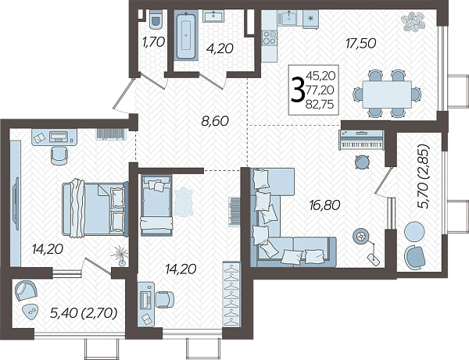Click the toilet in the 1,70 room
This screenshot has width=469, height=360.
156,19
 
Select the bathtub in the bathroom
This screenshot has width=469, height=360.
186,35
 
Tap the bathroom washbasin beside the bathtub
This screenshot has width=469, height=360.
213,16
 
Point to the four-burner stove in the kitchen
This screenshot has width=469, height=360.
270,38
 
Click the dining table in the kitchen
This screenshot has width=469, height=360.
387,94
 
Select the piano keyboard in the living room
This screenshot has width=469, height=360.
361,140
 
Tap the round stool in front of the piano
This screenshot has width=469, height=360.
362,162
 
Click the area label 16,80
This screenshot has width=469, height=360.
325,205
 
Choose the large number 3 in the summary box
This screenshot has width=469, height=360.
298,89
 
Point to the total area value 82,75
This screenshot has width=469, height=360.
320,105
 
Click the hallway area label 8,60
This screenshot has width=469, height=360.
215,121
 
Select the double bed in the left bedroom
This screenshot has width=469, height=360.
95,209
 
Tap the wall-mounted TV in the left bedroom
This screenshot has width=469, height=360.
16,203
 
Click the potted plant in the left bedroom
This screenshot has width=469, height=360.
120,255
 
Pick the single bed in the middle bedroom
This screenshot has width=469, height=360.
156,205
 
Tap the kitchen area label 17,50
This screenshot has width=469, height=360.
360,44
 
